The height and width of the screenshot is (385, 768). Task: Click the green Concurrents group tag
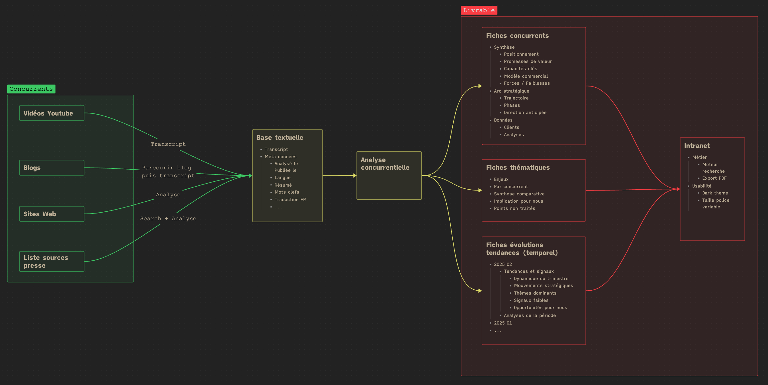[x=31, y=89]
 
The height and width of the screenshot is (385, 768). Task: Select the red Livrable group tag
[x=479, y=10]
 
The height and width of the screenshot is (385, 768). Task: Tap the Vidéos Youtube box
[x=52, y=113]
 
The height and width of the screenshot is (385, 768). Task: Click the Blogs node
[x=52, y=168]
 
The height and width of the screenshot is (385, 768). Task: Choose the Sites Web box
[x=52, y=214]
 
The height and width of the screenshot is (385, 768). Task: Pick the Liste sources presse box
[x=52, y=261]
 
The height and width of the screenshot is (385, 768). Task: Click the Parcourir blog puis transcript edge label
[x=168, y=171]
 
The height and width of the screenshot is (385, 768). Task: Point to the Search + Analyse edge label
[x=168, y=218]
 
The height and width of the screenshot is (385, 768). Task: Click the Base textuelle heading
[x=280, y=138]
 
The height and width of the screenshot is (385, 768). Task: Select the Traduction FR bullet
[x=290, y=200]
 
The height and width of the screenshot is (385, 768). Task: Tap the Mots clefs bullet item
[x=287, y=192]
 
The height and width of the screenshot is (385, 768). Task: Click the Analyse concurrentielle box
[x=389, y=175]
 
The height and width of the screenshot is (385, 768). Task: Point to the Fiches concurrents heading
[x=517, y=36]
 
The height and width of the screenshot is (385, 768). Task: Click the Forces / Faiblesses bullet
[x=527, y=83]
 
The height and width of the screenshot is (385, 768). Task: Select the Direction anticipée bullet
[x=525, y=113]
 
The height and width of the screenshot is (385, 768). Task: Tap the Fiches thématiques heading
[x=518, y=168]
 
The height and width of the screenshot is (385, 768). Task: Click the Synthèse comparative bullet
[x=519, y=194]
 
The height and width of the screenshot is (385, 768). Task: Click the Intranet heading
[x=697, y=146]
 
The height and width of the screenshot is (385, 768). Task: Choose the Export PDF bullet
[x=714, y=178]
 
